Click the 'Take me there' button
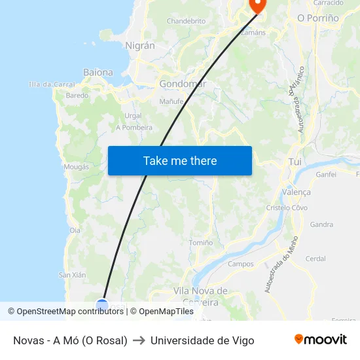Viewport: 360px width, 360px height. click(x=179, y=160)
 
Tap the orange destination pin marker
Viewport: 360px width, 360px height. click(x=257, y=5)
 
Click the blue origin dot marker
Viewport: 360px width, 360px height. click(x=102, y=304)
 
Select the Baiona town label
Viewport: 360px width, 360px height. click(x=98, y=72)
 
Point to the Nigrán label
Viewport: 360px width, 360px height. click(x=139, y=46)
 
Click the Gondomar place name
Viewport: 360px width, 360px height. click(x=183, y=84)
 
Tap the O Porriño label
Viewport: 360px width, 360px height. click(x=318, y=18)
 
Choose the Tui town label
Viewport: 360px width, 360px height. click(x=295, y=162)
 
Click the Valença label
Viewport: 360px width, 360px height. click(x=296, y=192)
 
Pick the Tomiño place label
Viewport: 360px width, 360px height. click(x=200, y=242)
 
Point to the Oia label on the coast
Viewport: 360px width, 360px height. click(x=75, y=230)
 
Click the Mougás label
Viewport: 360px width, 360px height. click(x=76, y=167)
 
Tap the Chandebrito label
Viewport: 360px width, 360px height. click(x=186, y=21)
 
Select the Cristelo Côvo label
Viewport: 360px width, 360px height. click(x=287, y=207)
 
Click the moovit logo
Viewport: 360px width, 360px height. click(x=321, y=339)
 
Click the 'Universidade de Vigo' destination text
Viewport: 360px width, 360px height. click(x=202, y=340)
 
